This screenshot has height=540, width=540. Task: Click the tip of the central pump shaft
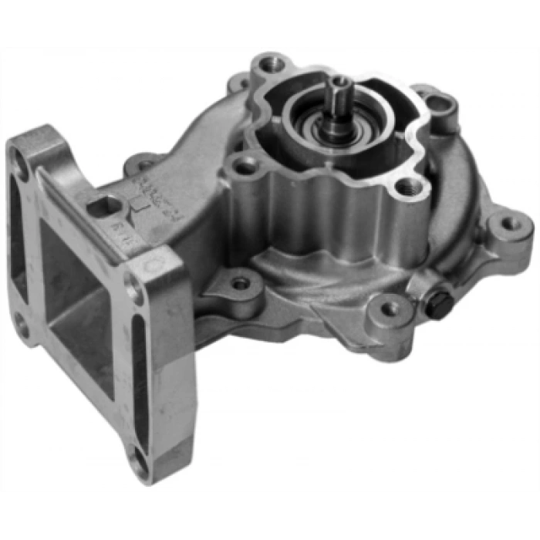coord(340,83)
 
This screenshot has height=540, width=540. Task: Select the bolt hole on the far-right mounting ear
coord(510,224)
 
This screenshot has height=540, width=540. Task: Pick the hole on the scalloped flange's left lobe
coord(245,165)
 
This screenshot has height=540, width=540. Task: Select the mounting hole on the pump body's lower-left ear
coord(241,283)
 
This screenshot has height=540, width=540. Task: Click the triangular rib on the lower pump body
coord(324,312)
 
